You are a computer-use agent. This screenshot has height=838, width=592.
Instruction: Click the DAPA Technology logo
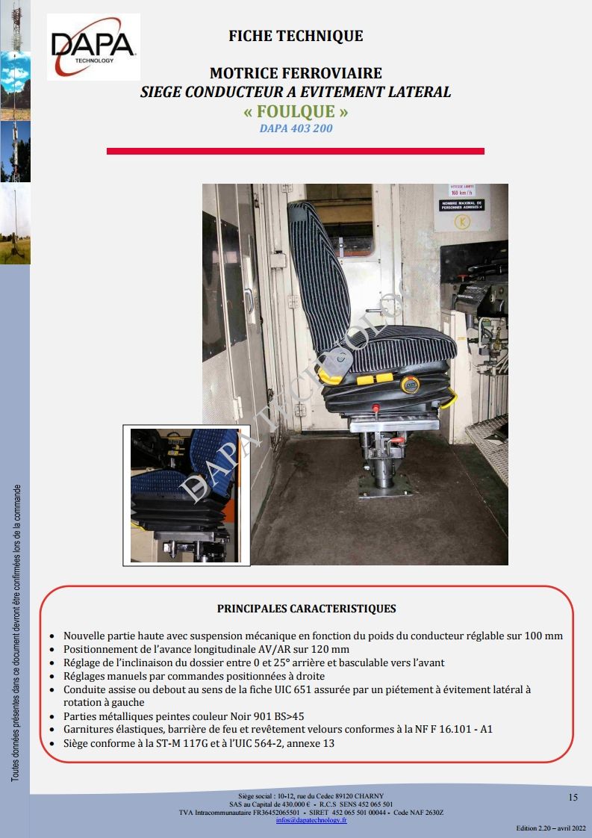tap(93, 46)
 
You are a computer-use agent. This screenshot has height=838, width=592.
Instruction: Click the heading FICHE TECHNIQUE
tap(296, 36)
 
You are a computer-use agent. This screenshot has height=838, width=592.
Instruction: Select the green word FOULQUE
tap(296, 112)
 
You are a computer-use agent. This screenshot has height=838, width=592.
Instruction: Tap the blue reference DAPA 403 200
tap(296, 128)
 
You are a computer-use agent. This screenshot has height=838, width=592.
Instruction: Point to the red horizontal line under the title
tap(296, 151)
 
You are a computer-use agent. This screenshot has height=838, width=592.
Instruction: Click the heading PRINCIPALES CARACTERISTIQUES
tap(306, 609)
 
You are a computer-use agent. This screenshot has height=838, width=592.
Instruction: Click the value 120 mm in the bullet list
tap(331, 650)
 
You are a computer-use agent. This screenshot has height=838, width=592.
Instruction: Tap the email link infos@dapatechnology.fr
tap(311, 819)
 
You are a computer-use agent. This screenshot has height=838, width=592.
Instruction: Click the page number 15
tap(573, 798)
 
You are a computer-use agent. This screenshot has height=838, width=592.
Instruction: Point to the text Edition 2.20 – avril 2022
tap(551, 829)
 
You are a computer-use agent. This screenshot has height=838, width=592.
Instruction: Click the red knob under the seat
tap(378, 408)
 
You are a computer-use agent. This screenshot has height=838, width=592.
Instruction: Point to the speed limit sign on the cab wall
tap(461, 191)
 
